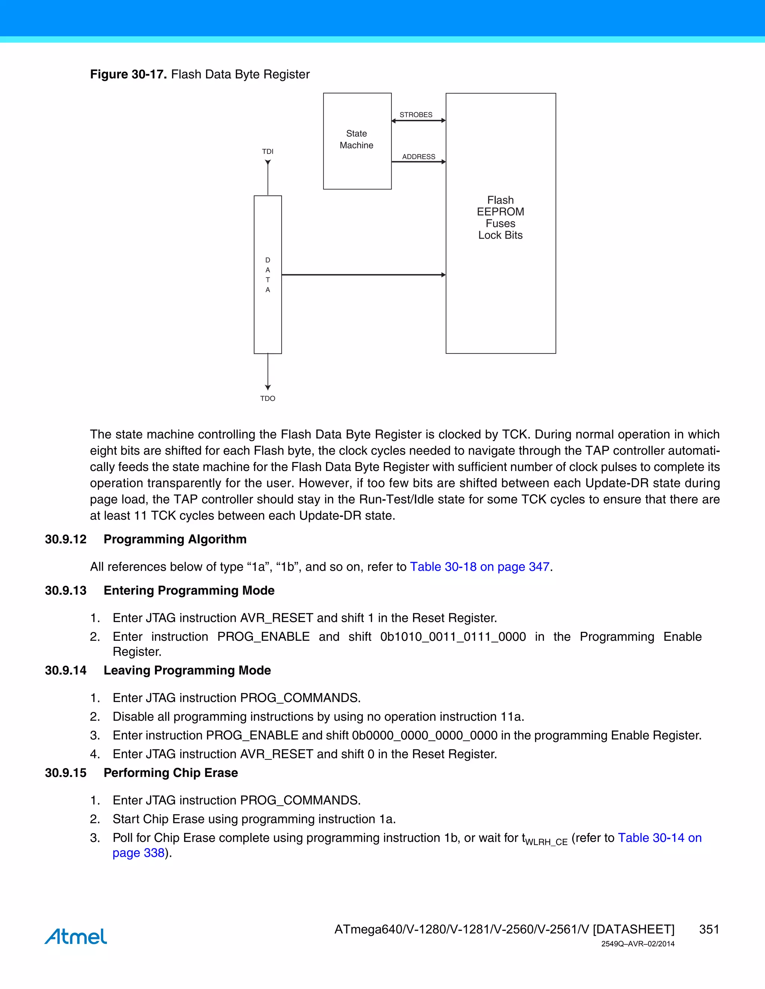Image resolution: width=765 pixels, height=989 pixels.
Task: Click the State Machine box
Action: [357, 140]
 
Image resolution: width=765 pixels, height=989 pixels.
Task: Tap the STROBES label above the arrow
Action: [416, 115]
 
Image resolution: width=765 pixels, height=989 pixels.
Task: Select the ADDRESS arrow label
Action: [418, 157]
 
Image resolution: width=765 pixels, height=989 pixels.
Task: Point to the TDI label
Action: [267, 151]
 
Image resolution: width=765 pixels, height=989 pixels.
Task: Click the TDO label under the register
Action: [267, 399]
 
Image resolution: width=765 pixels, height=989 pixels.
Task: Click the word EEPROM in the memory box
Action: [500, 212]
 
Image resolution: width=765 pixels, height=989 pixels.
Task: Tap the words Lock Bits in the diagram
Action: [500, 235]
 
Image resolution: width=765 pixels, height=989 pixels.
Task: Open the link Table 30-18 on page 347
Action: [480, 567]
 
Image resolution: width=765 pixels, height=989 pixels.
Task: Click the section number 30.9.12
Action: [66, 539]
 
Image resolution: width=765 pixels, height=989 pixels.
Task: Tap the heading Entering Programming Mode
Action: [189, 590]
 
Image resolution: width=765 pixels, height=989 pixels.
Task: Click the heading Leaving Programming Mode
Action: [187, 670]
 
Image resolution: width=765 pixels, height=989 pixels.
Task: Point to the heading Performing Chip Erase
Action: [171, 773]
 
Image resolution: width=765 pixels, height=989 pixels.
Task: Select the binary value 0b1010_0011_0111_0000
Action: [453, 637]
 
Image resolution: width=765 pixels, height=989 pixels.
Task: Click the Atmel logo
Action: [76, 936]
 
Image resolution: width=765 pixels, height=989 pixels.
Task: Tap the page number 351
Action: [709, 929]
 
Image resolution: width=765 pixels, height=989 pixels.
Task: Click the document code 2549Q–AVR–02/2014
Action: [638, 944]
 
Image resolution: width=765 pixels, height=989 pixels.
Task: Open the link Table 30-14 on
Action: [659, 838]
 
